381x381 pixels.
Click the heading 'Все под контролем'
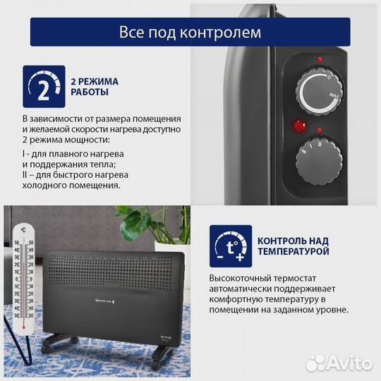click(x=190, y=32)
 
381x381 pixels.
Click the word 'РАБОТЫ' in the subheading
click(x=90, y=92)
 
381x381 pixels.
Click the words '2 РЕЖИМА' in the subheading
click(x=95, y=81)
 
